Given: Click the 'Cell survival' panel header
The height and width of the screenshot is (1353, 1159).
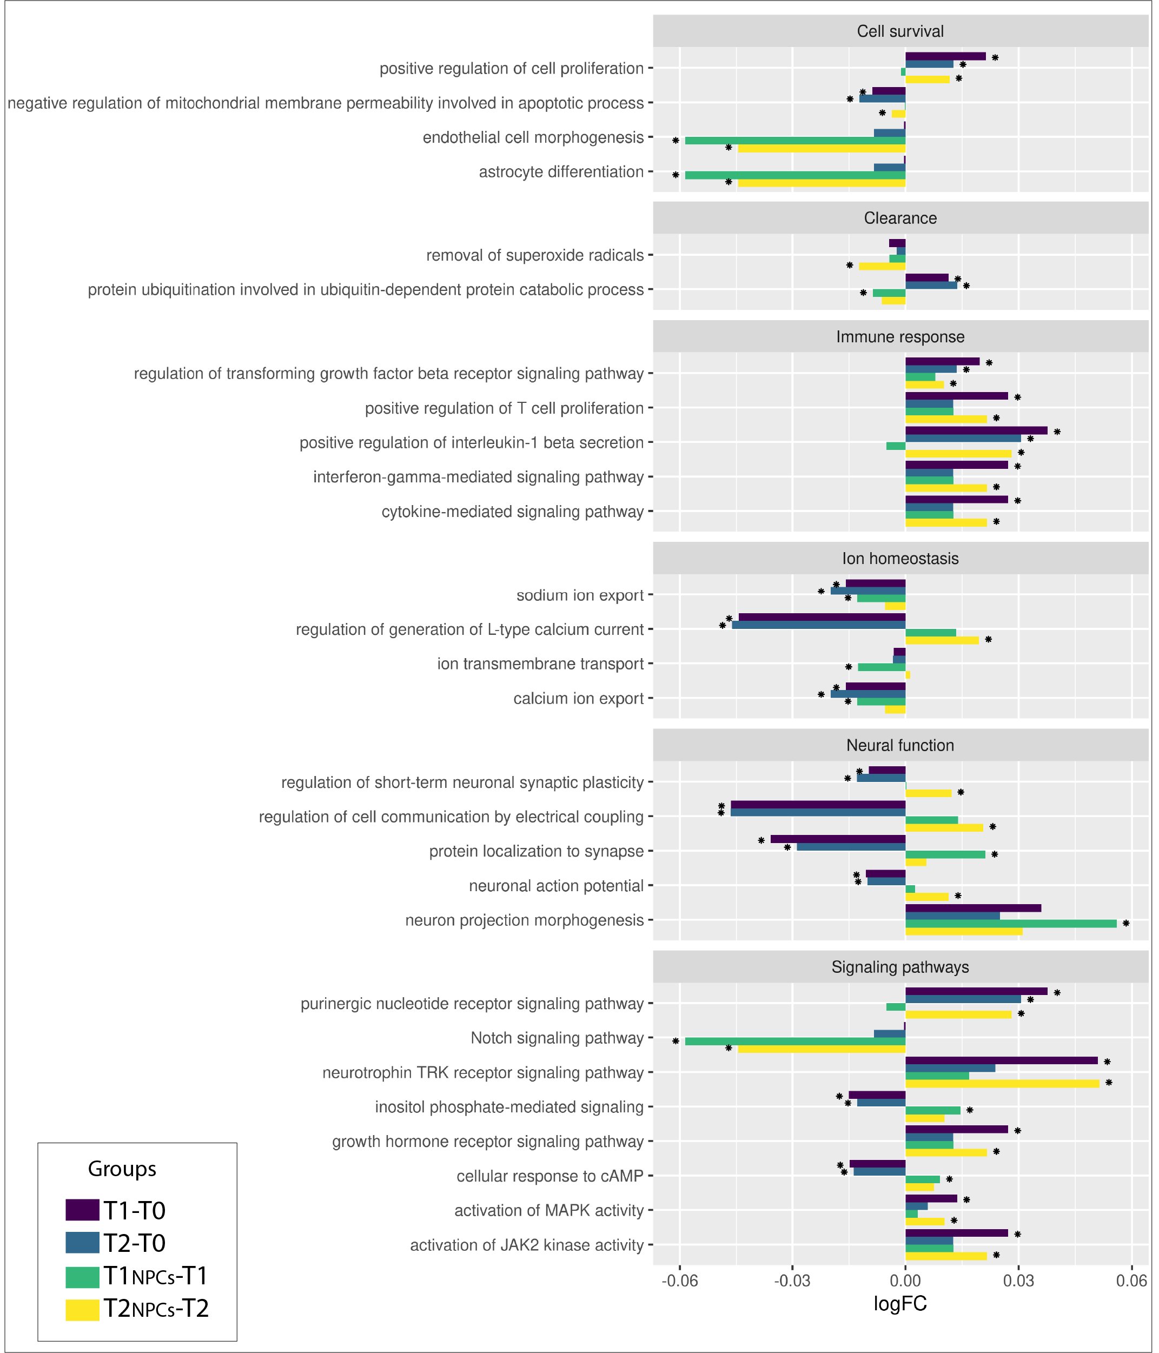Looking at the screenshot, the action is [x=900, y=31].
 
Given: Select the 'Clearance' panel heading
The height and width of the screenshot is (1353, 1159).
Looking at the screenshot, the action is [x=900, y=218].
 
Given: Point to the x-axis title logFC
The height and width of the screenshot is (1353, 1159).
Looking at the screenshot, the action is [x=900, y=1304].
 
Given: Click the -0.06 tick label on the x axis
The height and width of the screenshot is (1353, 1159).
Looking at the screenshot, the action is [x=679, y=1281].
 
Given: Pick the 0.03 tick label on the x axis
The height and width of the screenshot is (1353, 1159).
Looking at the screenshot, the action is [x=1018, y=1281].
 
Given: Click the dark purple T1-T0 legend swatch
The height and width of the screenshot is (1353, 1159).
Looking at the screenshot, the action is [x=82, y=1210].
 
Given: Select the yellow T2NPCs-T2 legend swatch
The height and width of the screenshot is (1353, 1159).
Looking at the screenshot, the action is [x=82, y=1308].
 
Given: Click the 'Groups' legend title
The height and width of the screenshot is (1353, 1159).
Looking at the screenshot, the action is [x=122, y=1169].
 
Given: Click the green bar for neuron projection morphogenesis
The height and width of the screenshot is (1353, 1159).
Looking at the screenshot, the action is [x=1011, y=923].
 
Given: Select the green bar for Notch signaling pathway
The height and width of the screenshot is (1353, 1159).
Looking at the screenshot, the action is [x=796, y=1042].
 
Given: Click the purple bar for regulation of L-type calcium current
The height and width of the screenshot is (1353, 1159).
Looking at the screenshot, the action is [x=822, y=618].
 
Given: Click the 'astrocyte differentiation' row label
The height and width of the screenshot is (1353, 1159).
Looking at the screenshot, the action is [x=561, y=172].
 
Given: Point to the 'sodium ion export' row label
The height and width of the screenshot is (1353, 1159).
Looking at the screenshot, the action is [x=580, y=595].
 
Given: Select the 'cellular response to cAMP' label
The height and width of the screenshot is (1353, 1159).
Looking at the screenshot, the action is [x=550, y=1176].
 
